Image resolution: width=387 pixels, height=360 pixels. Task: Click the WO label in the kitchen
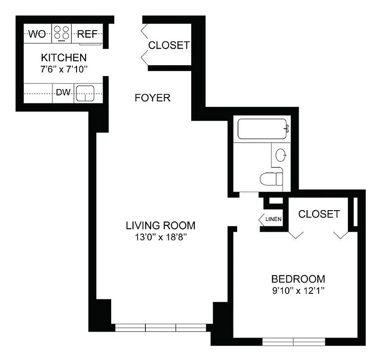[x=37, y=34]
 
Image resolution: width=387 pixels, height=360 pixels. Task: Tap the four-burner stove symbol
[x=62, y=33]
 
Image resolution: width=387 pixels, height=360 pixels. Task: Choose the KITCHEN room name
[x=63, y=58]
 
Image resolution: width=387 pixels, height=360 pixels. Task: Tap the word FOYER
[x=153, y=98]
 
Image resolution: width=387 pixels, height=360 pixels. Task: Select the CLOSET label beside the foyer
[x=169, y=45]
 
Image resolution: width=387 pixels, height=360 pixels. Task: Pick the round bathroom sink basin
[x=281, y=155]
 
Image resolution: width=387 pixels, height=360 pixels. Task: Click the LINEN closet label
[x=273, y=219]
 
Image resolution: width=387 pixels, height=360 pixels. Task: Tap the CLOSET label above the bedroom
[x=319, y=214]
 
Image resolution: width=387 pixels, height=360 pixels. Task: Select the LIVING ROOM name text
[x=161, y=225]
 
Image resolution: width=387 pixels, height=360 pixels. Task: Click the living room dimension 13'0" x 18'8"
[x=161, y=237]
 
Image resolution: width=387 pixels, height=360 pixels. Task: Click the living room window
[x=161, y=328]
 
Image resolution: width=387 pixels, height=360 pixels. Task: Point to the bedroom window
[x=293, y=342]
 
